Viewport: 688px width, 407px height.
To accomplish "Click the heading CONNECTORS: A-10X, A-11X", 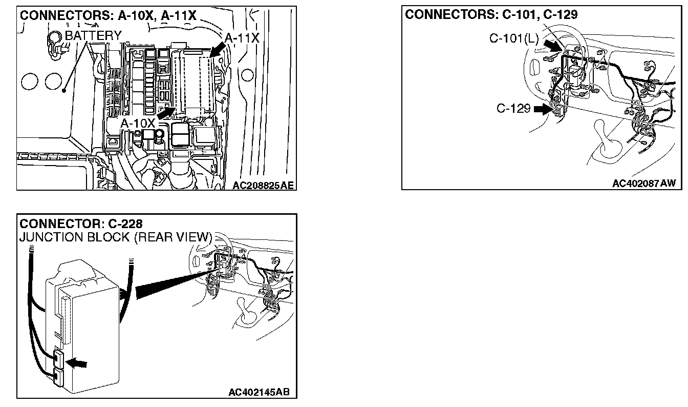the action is [108, 15].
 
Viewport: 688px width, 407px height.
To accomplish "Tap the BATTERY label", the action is [93, 36].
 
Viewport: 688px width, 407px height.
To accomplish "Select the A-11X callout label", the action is [242, 38].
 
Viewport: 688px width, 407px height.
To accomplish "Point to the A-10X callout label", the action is [138, 124].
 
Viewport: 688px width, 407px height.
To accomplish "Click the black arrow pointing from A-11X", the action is [218, 50].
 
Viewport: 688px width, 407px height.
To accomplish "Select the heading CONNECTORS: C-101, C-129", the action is [491, 14].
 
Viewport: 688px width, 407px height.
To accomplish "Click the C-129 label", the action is [513, 109].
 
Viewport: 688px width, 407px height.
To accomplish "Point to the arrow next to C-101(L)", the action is [552, 46].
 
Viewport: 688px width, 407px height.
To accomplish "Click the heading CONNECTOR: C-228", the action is [80, 224].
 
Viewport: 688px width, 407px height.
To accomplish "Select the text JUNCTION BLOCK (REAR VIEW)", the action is [115, 237].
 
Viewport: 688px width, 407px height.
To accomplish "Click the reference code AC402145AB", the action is [259, 393].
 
